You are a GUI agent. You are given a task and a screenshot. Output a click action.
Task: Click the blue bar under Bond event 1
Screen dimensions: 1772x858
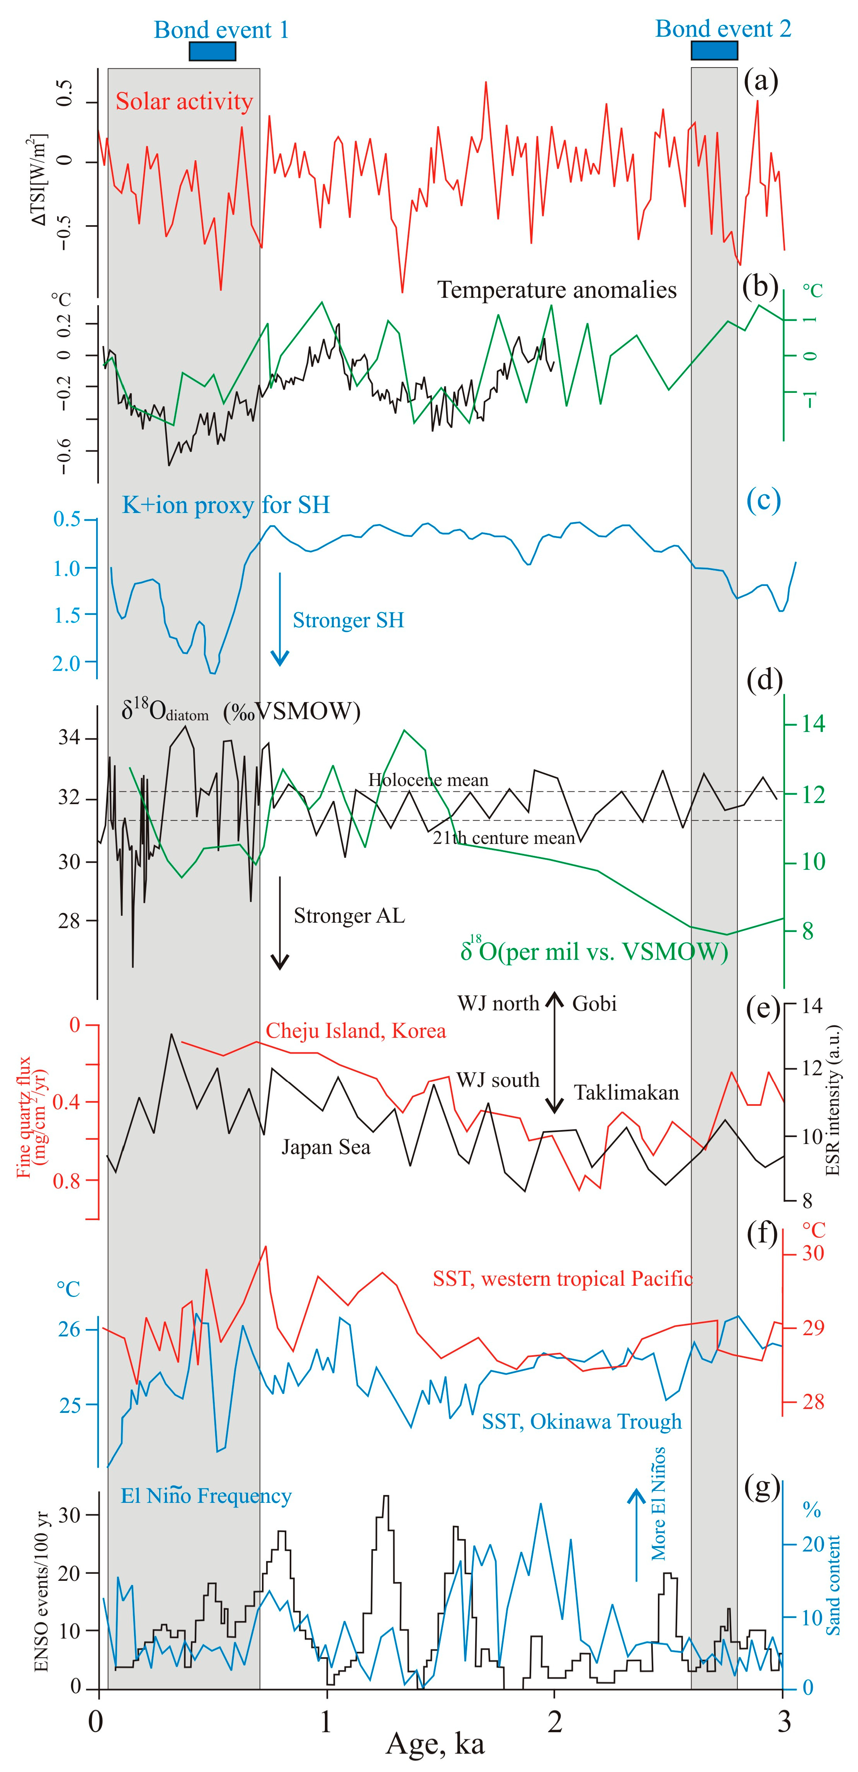coord(212,52)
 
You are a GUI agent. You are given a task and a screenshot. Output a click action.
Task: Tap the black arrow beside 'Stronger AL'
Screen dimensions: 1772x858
coord(279,922)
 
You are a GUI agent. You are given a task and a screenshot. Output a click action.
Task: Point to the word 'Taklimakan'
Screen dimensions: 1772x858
coord(626,1092)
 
